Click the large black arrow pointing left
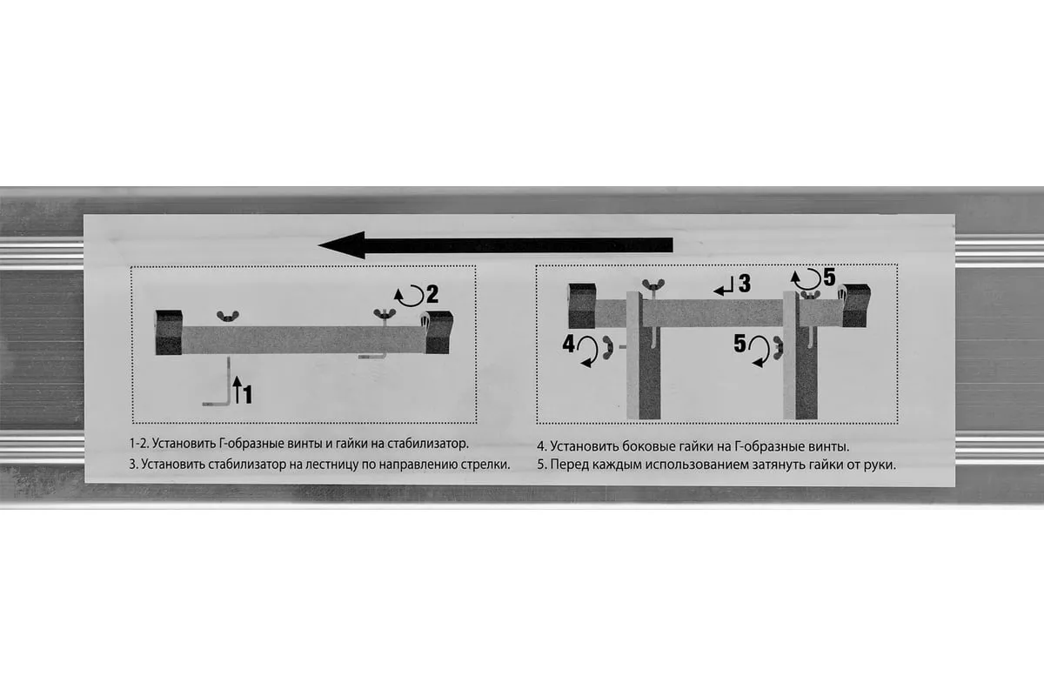point(495,245)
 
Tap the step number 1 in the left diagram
point(247,394)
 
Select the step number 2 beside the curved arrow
point(432,294)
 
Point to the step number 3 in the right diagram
point(745,284)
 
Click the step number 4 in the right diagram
point(569,344)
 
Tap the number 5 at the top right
point(830,278)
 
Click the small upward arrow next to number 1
point(238,390)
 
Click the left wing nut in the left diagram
point(228,317)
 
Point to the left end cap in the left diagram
point(169,332)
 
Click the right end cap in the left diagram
point(438,332)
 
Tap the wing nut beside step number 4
point(608,347)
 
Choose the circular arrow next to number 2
point(410,297)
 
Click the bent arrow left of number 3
point(724,286)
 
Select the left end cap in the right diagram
point(582,306)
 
